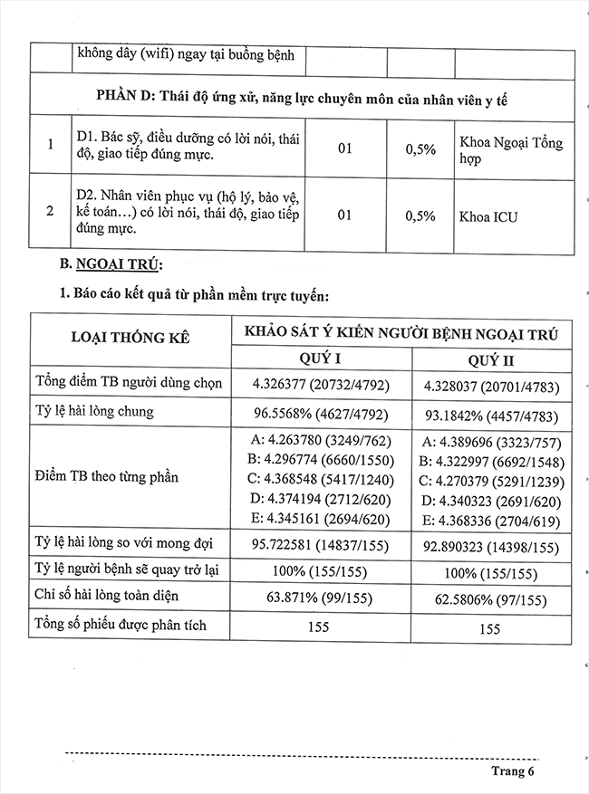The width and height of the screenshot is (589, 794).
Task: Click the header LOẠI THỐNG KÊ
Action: coord(130,337)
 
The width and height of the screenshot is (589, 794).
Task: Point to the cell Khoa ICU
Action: coord(489,217)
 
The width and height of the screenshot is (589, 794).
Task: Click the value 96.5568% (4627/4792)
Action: coord(322,411)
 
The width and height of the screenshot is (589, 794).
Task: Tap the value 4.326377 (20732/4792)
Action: coord(322,386)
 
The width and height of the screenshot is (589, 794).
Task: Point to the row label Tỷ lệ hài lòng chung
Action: coord(94,411)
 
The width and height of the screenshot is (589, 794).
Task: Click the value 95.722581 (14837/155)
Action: coord(322,548)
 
